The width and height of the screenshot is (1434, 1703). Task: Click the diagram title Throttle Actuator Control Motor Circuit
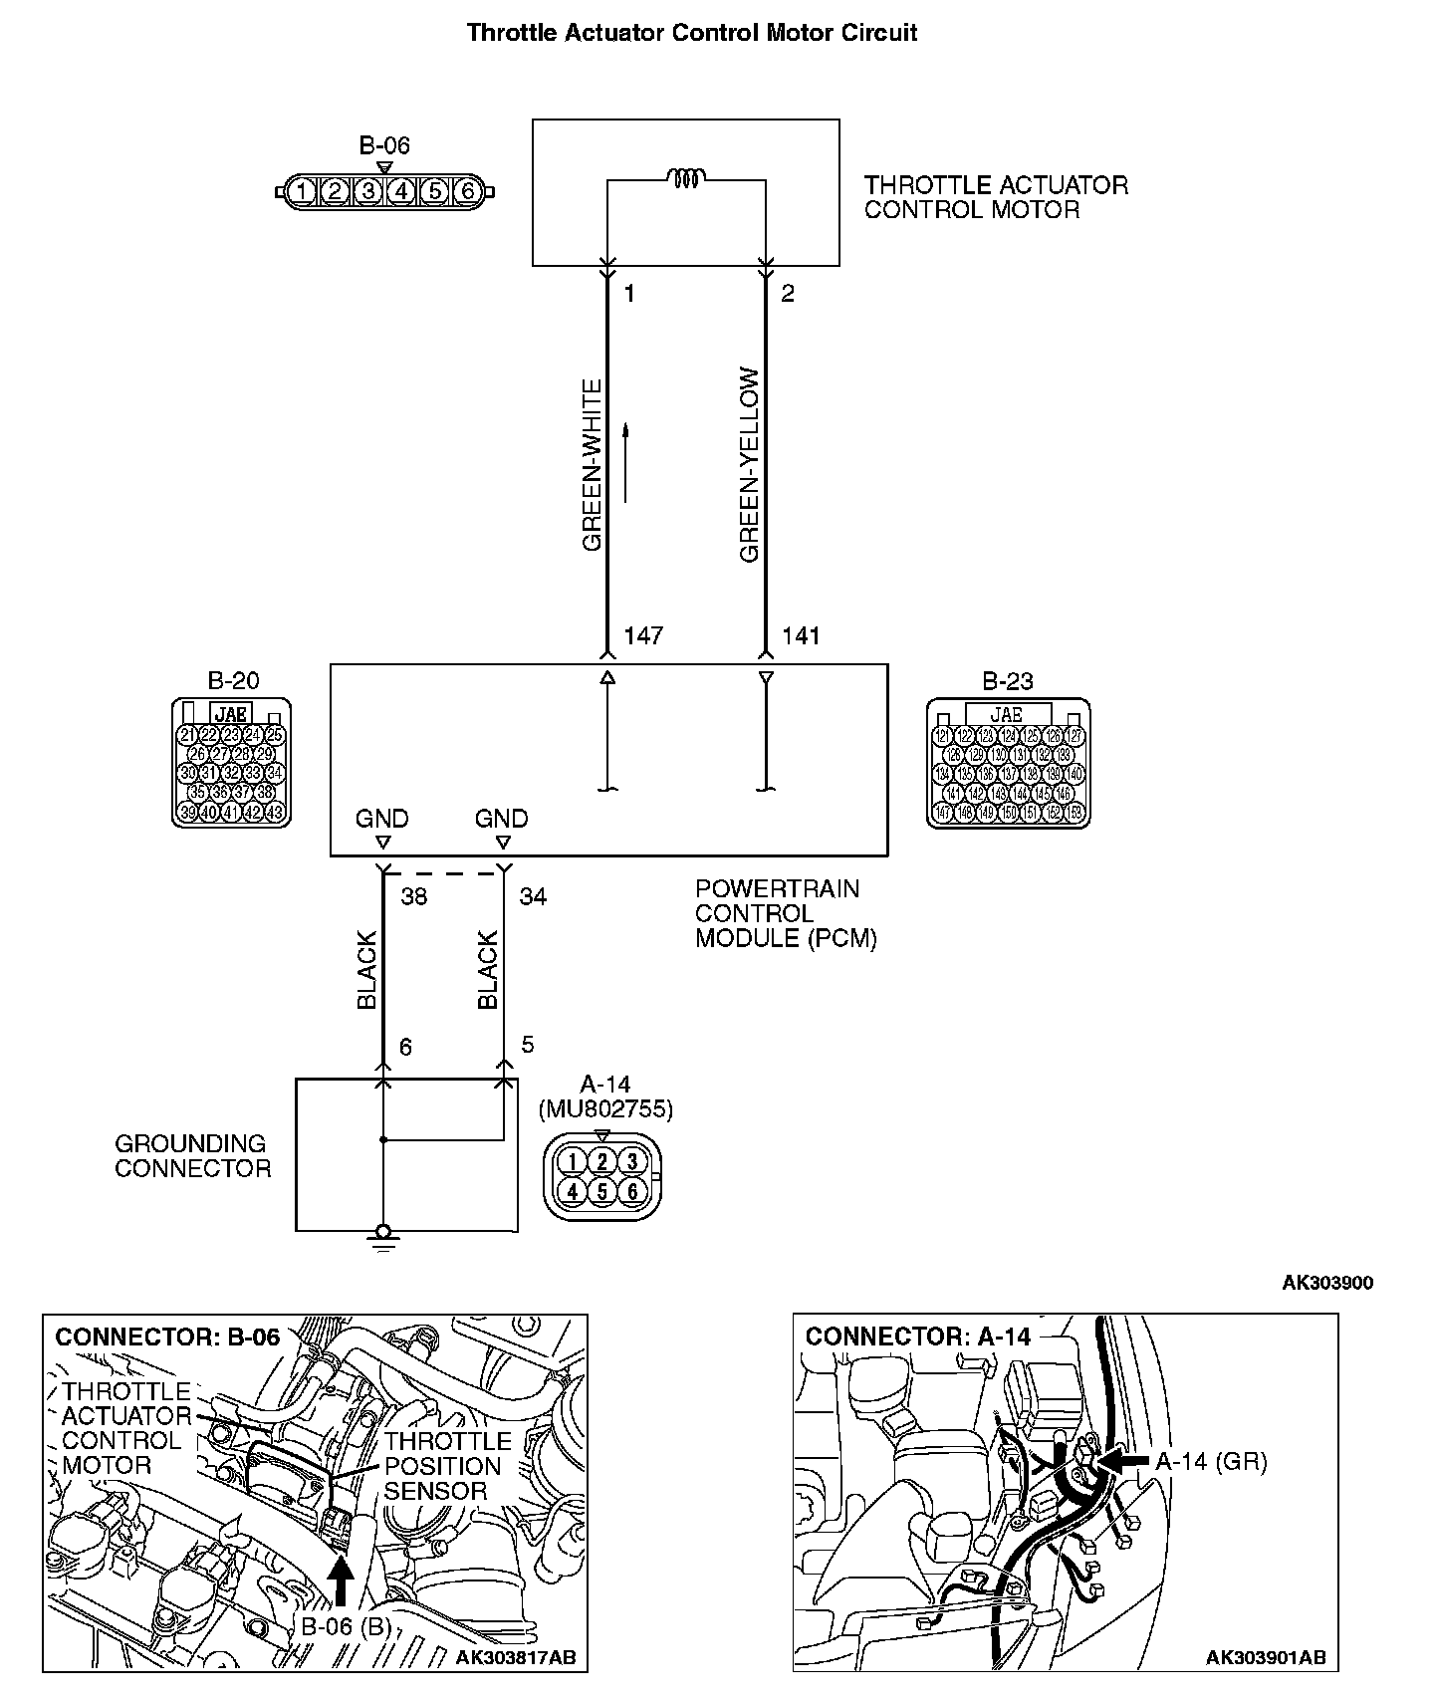(x=692, y=33)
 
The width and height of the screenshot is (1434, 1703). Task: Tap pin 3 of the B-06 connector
(x=367, y=191)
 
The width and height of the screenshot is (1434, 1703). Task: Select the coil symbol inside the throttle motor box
(x=687, y=179)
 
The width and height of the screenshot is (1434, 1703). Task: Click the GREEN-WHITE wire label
(x=593, y=465)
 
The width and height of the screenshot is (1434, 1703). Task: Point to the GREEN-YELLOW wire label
(x=750, y=465)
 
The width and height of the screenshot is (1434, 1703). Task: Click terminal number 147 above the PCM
(x=642, y=635)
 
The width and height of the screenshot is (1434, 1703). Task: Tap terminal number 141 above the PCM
(x=801, y=635)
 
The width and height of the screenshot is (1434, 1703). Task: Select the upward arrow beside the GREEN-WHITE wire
(x=626, y=463)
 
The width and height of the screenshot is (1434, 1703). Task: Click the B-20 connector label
(x=233, y=681)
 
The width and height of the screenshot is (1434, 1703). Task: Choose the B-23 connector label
(x=1008, y=681)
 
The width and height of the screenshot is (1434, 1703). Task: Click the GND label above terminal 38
(x=382, y=819)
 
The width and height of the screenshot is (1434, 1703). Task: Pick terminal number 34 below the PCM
(x=533, y=896)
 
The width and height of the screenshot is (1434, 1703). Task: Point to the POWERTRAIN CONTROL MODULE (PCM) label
(x=786, y=913)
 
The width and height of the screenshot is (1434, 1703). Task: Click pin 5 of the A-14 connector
(x=602, y=1191)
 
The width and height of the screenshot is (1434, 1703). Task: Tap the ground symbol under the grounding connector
(x=382, y=1238)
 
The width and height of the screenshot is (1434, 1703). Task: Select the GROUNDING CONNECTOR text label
(x=192, y=1156)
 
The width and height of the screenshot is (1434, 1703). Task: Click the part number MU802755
(x=605, y=1108)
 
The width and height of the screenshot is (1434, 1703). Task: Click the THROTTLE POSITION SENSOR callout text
(x=447, y=1466)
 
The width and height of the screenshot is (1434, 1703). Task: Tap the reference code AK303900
(x=1326, y=1283)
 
